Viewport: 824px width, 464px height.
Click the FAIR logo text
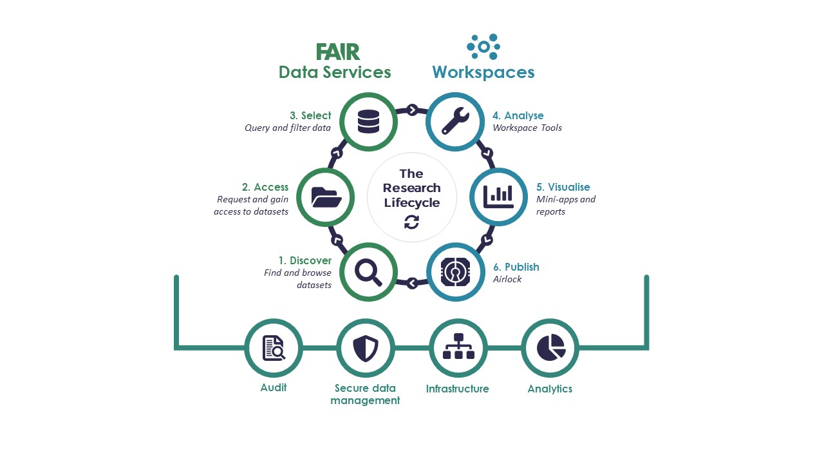click(x=337, y=52)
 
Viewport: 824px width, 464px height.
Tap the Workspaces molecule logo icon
click(x=483, y=47)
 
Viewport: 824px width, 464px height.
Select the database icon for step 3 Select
click(x=368, y=122)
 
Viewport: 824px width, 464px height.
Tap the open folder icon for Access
click(x=326, y=197)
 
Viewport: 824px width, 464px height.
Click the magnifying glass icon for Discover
click(x=368, y=272)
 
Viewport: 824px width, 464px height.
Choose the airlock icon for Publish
click(x=455, y=272)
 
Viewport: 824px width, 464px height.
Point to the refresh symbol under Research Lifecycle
click(x=411, y=222)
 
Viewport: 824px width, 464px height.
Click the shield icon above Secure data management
click(x=366, y=348)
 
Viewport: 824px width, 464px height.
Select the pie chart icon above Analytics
click(x=550, y=348)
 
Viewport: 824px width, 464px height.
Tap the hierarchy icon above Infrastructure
click(x=458, y=348)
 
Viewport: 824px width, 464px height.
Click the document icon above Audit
click(x=274, y=348)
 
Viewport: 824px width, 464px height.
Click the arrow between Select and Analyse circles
click(x=412, y=110)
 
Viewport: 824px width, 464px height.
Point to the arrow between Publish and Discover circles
click(x=412, y=282)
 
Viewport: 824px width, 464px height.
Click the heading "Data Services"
click(x=335, y=72)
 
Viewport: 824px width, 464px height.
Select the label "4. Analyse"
click(x=518, y=116)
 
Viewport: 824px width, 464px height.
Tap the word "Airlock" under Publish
click(x=507, y=279)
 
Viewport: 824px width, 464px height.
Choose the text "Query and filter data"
click(x=288, y=128)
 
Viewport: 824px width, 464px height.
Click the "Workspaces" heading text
click(x=483, y=72)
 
